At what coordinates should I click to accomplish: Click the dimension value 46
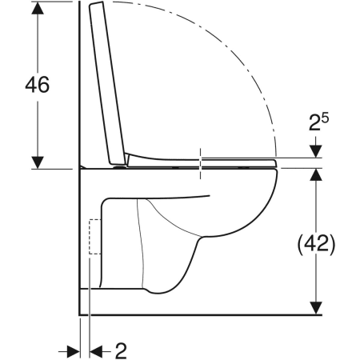[38, 86]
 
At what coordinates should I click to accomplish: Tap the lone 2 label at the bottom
[121, 350]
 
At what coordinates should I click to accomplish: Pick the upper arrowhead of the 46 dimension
[37, 12]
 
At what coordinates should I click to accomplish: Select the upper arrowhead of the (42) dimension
[318, 176]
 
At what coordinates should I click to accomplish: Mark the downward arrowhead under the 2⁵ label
[318, 152]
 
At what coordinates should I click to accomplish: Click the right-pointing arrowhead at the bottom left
[74, 350]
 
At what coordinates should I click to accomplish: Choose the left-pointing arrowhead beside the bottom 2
[98, 350]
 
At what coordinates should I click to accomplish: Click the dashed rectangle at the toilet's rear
[94, 237]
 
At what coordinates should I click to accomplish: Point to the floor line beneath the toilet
[200, 313]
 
